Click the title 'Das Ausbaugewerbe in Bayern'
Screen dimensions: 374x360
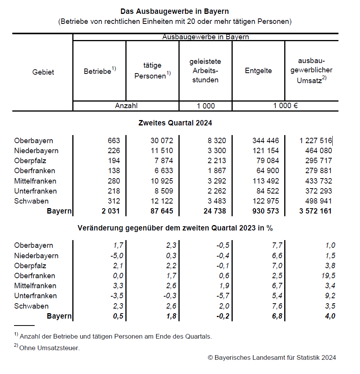click(175, 12)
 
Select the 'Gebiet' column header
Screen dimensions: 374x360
click(43, 72)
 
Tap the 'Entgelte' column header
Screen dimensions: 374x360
click(258, 70)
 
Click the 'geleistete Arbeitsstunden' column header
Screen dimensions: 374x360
click(205, 70)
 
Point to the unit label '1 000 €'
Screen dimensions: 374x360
click(285, 106)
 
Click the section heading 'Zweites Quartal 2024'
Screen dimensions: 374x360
click(175, 123)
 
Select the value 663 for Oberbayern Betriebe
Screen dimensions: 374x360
click(114, 141)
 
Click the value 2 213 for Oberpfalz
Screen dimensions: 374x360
click(217, 161)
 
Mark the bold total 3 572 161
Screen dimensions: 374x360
click(315, 211)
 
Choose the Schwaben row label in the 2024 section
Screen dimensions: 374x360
click(32, 201)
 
